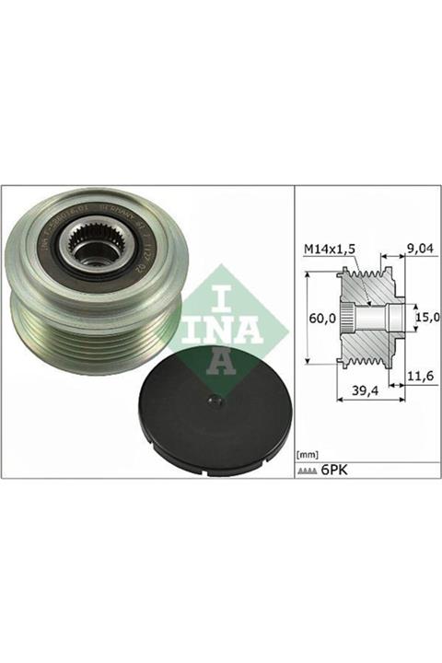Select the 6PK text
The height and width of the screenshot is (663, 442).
[338, 470]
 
